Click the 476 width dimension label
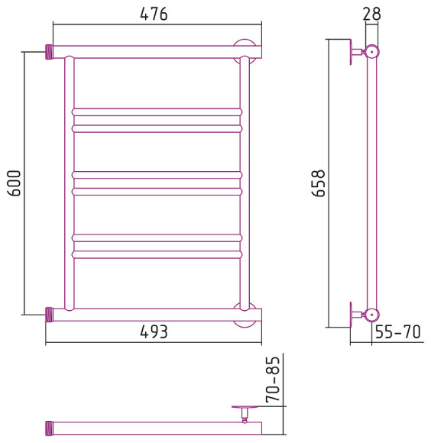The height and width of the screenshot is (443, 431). [x=154, y=14]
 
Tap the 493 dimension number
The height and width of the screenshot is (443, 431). [x=154, y=331]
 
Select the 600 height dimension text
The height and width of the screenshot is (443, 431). [x=14, y=183]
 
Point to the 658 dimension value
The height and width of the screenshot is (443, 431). [x=318, y=183]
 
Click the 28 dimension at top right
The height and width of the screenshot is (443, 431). [x=371, y=14]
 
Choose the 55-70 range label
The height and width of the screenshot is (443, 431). [x=398, y=331]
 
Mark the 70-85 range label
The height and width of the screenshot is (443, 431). [x=273, y=379]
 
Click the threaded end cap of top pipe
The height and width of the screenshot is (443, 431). [x=50, y=52]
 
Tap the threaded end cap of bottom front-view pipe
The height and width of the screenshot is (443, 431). [x=50, y=315]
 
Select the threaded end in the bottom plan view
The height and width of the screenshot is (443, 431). [x=50, y=428]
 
